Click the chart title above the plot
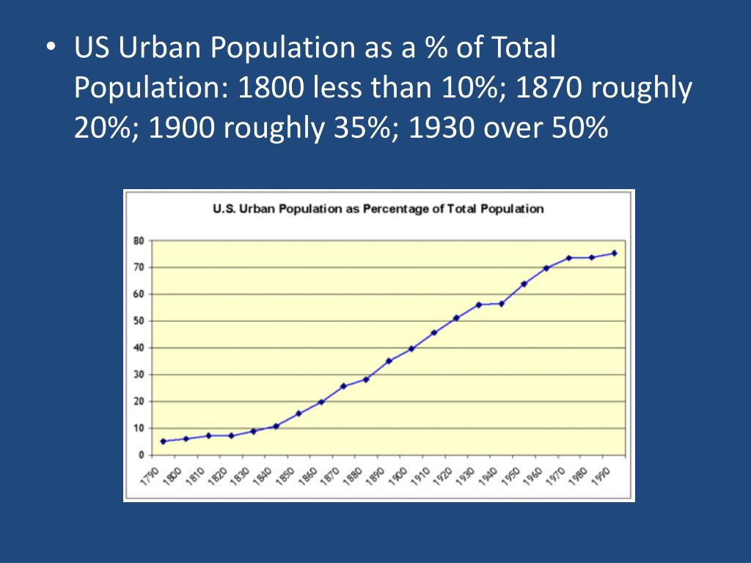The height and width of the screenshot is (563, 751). click(x=378, y=209)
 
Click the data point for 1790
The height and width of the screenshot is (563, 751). click(x=163, y=441)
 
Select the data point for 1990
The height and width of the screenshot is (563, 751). click(x=614, y=253)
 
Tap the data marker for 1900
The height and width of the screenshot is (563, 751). click(x=411, y=348)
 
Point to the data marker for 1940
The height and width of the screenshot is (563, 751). click(x=502, y=303)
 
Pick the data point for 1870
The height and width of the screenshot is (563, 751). click(x=343, y=386)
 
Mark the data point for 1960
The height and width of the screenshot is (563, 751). click(x=546, y=268)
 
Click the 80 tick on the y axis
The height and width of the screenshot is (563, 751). click(x=139, y=240)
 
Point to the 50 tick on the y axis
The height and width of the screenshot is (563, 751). click(x=139, y=321)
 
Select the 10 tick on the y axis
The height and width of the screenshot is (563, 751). click(x=139, y=428)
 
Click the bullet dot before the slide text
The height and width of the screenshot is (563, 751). click(x=50, y=48)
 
